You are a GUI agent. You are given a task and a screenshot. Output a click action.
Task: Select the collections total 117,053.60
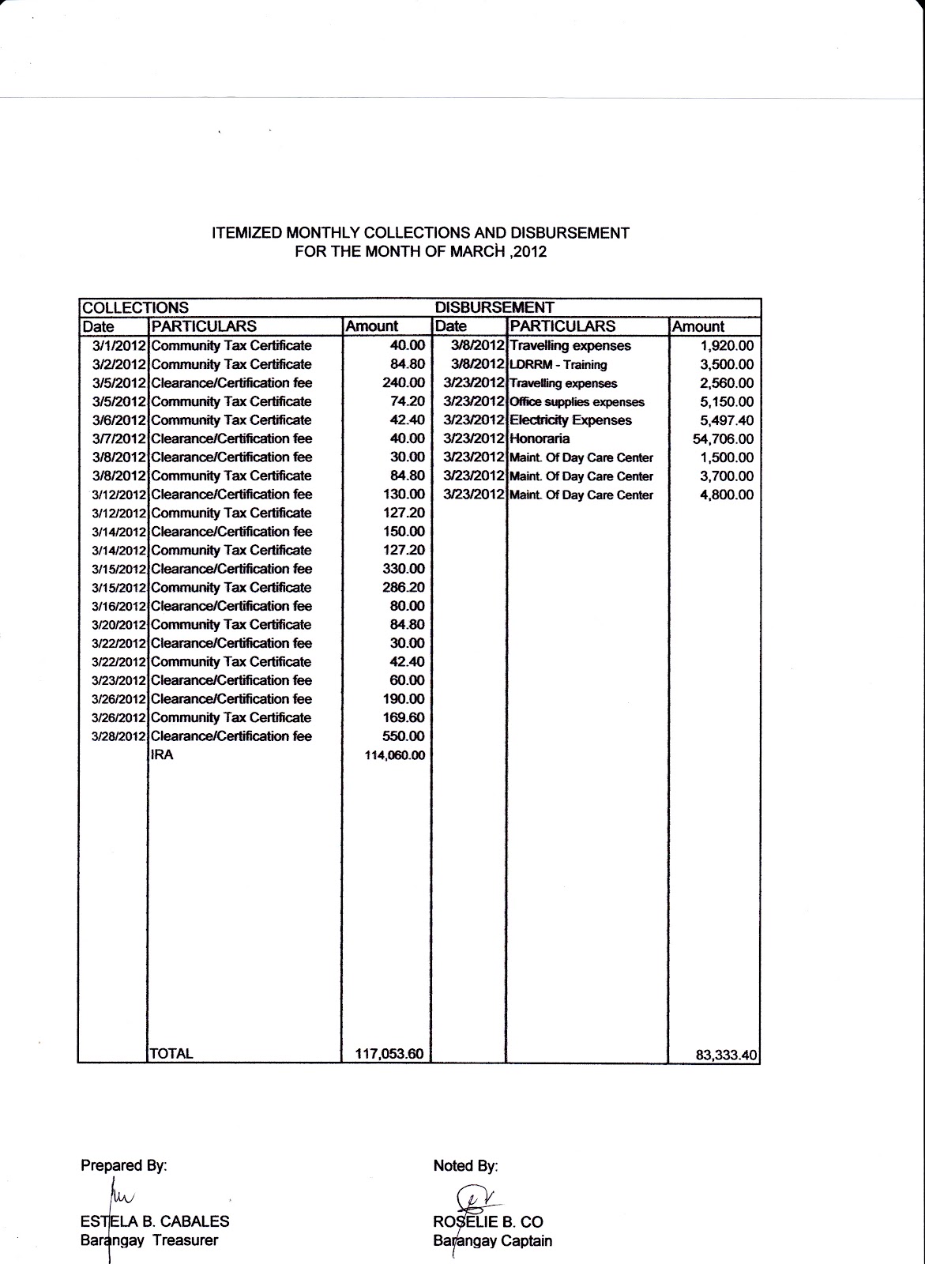click(389, 1053)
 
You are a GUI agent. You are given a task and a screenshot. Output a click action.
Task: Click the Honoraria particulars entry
click(540, 438)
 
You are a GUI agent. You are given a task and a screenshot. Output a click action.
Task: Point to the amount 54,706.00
click(723, 439)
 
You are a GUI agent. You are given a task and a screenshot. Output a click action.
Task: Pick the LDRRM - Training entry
click(558, 364)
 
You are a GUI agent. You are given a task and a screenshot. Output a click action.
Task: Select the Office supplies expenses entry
click(577, 401)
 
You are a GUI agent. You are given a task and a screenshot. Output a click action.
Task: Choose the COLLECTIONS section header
click(136, 307)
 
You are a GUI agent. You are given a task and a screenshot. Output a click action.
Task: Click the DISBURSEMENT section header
click(494, 307)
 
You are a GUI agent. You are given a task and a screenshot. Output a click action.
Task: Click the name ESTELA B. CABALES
click(155, 1221)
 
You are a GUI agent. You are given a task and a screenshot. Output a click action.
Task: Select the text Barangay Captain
click(493, 1241)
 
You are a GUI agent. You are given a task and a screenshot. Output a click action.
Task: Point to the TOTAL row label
click(171, 1053)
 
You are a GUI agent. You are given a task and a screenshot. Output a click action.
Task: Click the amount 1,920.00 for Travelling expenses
click(727, 346)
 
